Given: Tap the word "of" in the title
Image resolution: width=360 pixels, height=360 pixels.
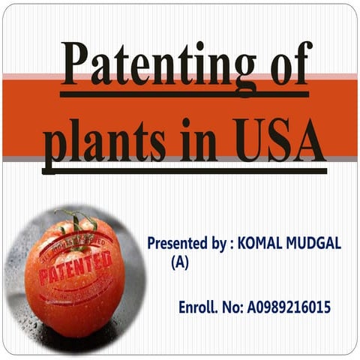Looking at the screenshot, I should (286, 66).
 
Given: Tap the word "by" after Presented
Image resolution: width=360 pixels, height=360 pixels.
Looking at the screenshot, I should (217, 244).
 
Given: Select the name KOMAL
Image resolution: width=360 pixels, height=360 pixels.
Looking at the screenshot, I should (261, 244).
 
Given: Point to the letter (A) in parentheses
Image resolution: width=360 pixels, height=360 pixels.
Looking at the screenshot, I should (180, 262).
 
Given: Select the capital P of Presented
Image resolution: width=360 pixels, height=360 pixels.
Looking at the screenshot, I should (151, 244).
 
